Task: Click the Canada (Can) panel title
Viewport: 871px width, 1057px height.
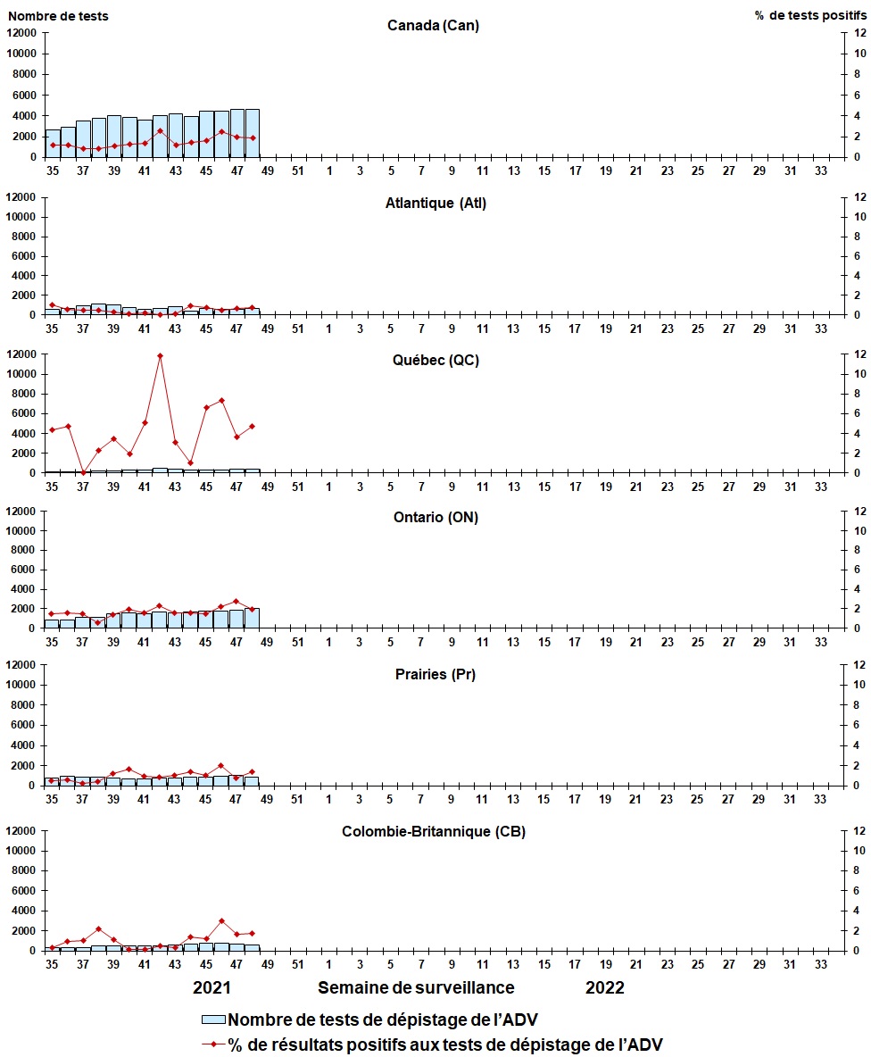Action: tap(433, 25)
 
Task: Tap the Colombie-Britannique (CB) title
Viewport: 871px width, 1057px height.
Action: tap(434, 831)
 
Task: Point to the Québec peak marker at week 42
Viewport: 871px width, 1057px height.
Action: tap(160, 356)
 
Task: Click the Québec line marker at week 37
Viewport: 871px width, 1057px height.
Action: tap(83, 472)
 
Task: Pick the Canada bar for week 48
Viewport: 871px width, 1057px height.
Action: tap(253, 133)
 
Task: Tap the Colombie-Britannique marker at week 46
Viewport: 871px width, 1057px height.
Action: tap(221, 921)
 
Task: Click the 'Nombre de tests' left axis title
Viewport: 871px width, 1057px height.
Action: tap(56, 15)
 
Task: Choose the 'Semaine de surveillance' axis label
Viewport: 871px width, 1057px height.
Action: tap(416, 987)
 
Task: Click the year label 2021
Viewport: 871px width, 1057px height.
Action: tap(212, 987)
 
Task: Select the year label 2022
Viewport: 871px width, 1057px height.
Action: tap(605, 987)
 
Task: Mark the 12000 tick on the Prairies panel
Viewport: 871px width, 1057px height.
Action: tap(21, 665)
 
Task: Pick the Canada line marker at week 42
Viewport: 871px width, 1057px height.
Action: tap(160, 131)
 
